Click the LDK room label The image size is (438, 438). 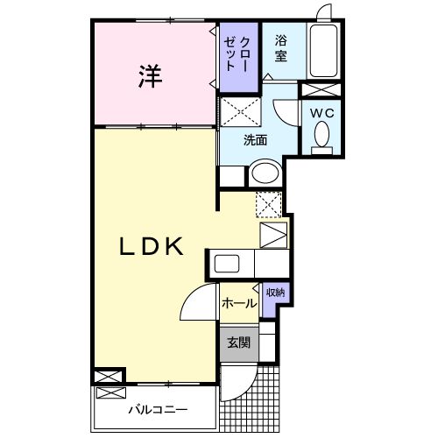(151, 247)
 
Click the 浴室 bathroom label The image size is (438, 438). (281, 48)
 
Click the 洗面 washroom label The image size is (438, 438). (256, 138)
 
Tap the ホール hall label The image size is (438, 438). (238, 303)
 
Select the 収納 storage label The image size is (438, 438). (274, 293)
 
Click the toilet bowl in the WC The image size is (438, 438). (321, 136)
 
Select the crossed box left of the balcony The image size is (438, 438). (106, 377)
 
